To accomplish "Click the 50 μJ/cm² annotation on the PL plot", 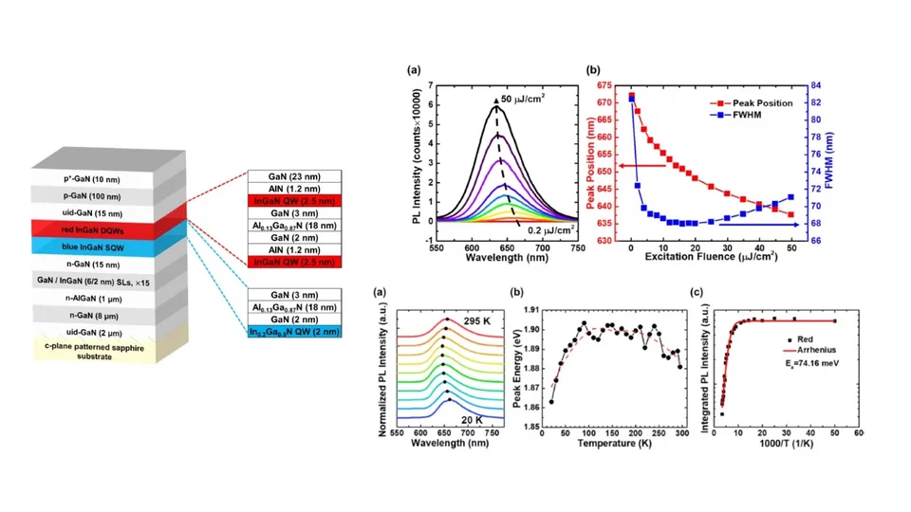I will coord(522,98).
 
